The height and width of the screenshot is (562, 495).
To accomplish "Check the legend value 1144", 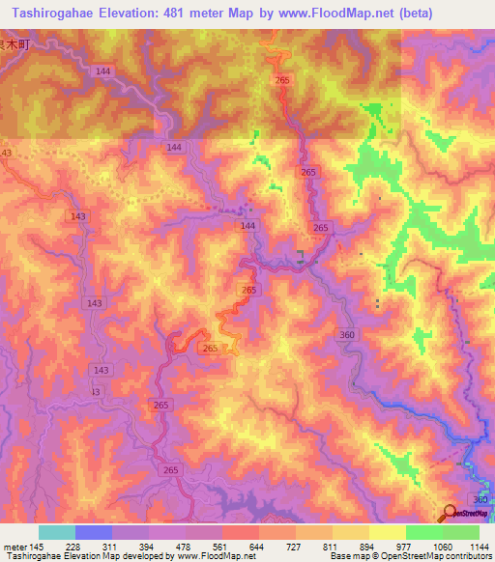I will pyautogui.click(x=479, y=547).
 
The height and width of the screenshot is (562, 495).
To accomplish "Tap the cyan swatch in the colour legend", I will pyautogui.click(x=57, y=532).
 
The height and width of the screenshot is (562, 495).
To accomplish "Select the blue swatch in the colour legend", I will pyautogui.click(x=94, y=532).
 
